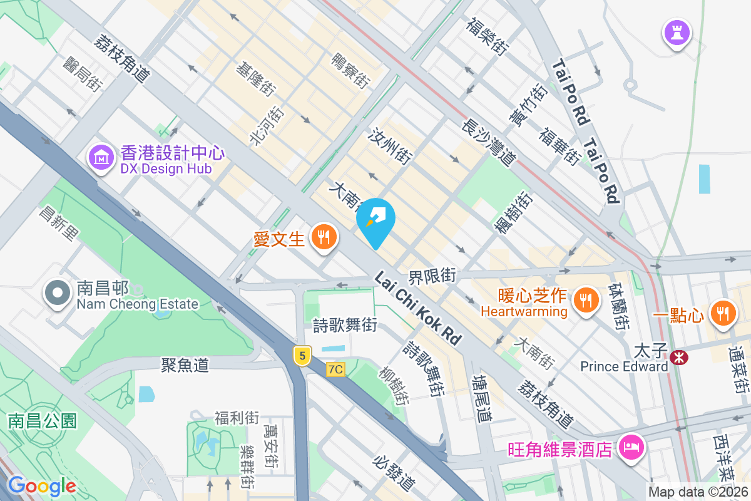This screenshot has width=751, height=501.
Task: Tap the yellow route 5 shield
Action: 302,356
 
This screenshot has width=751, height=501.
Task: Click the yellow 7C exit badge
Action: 335,369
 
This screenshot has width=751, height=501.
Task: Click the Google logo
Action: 42,486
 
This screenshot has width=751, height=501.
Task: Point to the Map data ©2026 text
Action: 698,492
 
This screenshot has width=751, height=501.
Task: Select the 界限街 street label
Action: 432,275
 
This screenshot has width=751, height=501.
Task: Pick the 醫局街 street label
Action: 82,71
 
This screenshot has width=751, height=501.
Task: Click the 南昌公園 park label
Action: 42,420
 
